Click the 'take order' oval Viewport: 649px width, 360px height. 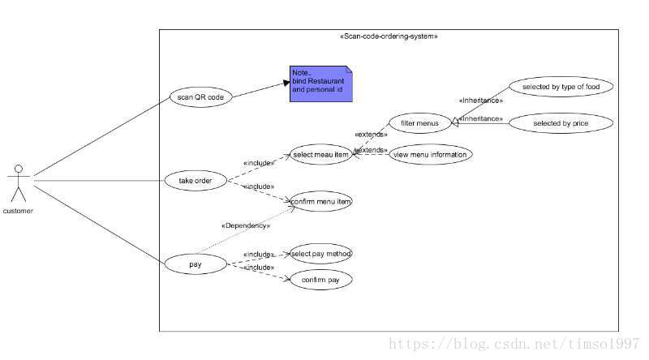(196, 180)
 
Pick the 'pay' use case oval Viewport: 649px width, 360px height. (196, 264)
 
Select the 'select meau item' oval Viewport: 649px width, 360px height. (320, 154)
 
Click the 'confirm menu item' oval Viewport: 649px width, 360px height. (321, 199)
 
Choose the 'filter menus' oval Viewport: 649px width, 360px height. (419, 123)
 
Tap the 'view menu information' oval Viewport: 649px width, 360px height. (429, 153)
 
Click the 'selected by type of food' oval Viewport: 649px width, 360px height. (560, 86)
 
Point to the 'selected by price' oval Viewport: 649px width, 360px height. (560, 123)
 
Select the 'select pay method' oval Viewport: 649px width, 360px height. (321, 254)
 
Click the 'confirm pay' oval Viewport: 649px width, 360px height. (321, 280)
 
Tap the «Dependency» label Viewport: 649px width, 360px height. (245, 225)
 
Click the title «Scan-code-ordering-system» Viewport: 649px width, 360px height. (389, 36)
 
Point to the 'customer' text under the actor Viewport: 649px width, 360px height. (18, 211)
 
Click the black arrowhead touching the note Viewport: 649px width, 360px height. (286, 82)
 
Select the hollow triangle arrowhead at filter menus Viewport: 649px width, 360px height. (455, 122)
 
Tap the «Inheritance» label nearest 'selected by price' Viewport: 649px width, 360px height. (481, 118)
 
